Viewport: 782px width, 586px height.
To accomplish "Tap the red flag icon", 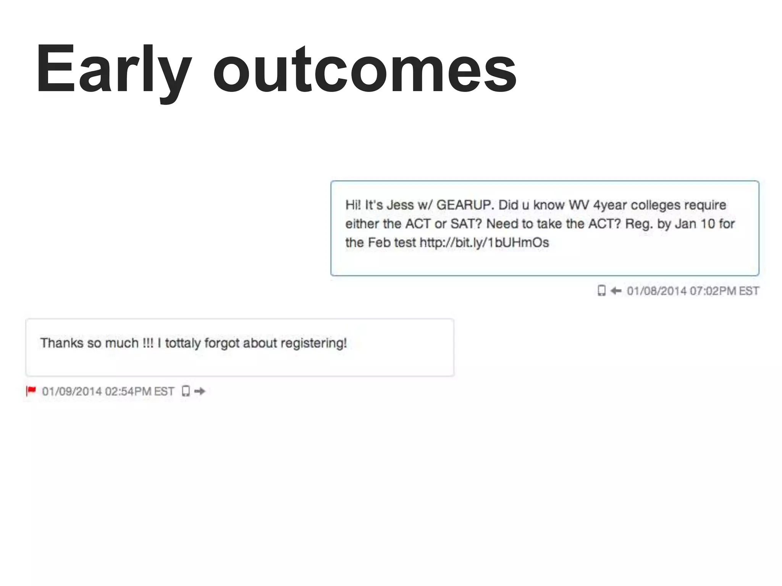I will [31, 391].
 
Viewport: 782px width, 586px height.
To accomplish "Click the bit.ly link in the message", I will [484, 243].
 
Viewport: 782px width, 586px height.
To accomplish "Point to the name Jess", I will [400, 205].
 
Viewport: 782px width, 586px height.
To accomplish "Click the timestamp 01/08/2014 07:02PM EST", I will [693, 291].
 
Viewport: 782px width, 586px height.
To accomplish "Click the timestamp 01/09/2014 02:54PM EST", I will [108, 391].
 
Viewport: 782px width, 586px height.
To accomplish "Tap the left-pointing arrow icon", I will [616, 291].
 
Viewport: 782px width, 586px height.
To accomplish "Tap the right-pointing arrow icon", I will [200, 391].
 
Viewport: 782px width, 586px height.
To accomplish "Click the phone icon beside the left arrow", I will [601, 291].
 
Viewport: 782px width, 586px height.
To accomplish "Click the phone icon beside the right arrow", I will [186, 391].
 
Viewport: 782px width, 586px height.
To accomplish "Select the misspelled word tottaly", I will [183, 343].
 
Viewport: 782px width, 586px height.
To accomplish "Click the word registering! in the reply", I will [313, 343].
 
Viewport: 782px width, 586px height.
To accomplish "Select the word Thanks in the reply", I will [62, 343].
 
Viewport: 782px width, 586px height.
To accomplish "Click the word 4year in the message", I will [610, 205].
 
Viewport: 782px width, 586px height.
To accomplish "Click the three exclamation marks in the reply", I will [148, 343].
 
